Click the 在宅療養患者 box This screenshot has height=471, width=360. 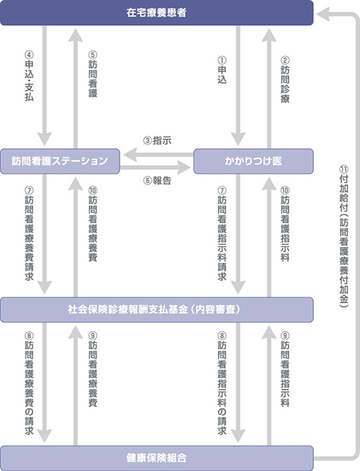click(x=156, y=13)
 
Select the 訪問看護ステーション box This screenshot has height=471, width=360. click(x=60, y=161)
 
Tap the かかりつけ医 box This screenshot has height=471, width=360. click(x=253, y=161)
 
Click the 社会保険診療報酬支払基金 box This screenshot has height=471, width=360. click(x=156, y=310)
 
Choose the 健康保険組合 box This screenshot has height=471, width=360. click(x=156, y=458)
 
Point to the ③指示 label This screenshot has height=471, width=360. click(x=158, y=140)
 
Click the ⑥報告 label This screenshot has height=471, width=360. click(x=158, y=181)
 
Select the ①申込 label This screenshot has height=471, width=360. click(x=222, y=70)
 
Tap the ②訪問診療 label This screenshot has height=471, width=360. click(x=285, y=79)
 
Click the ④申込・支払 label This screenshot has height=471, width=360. click(x=29, y=76)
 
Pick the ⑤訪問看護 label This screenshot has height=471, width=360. click(x=93, y=74)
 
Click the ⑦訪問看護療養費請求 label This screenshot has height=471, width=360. click(x=29, y=233)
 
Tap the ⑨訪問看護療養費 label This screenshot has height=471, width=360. click(x=93, y=369)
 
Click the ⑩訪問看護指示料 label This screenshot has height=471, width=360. click(x=285, y=224)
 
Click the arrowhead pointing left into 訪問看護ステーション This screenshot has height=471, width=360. click(x=130, y=155)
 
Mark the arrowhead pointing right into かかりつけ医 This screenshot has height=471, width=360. click(x=184, y=167)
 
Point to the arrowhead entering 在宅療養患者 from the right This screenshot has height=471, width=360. click(x=323, y=14)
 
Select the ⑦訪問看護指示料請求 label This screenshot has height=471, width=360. click(x=222, y=233)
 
